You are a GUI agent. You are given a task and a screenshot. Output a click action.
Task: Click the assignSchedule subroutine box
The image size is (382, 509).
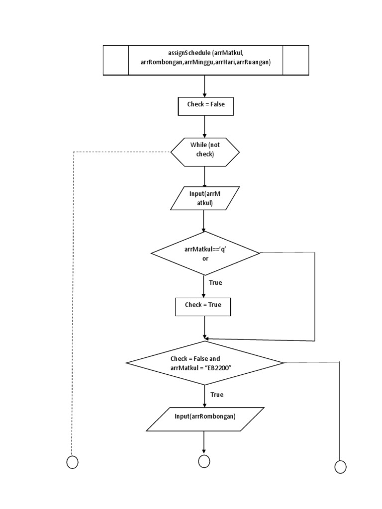[205, 60]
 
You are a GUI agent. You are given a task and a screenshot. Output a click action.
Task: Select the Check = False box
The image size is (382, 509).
[205, 106]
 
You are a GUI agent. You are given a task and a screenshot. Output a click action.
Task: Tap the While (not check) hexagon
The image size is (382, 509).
[205, 150]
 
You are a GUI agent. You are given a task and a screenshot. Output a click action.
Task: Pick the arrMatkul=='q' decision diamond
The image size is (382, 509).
[205, 254]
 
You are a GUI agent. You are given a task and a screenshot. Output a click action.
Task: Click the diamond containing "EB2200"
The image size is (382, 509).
[205, 363]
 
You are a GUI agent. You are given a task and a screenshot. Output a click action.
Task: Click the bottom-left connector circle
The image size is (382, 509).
[73, 462]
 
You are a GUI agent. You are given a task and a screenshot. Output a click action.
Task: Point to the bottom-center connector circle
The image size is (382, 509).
[204, 461]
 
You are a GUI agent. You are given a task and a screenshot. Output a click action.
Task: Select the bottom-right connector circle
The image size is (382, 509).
[340, 467]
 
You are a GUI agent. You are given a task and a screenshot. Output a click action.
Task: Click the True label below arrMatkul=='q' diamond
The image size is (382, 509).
[215, 282]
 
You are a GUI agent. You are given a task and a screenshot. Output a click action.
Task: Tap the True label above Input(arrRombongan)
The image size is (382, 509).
[217, 395]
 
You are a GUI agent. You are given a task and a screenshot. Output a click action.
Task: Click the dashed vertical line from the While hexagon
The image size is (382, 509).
[73, 298]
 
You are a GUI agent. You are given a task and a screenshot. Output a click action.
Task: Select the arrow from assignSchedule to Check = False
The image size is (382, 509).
[205, 86]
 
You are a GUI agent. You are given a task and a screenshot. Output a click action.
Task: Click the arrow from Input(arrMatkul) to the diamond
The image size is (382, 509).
[204, 221]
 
